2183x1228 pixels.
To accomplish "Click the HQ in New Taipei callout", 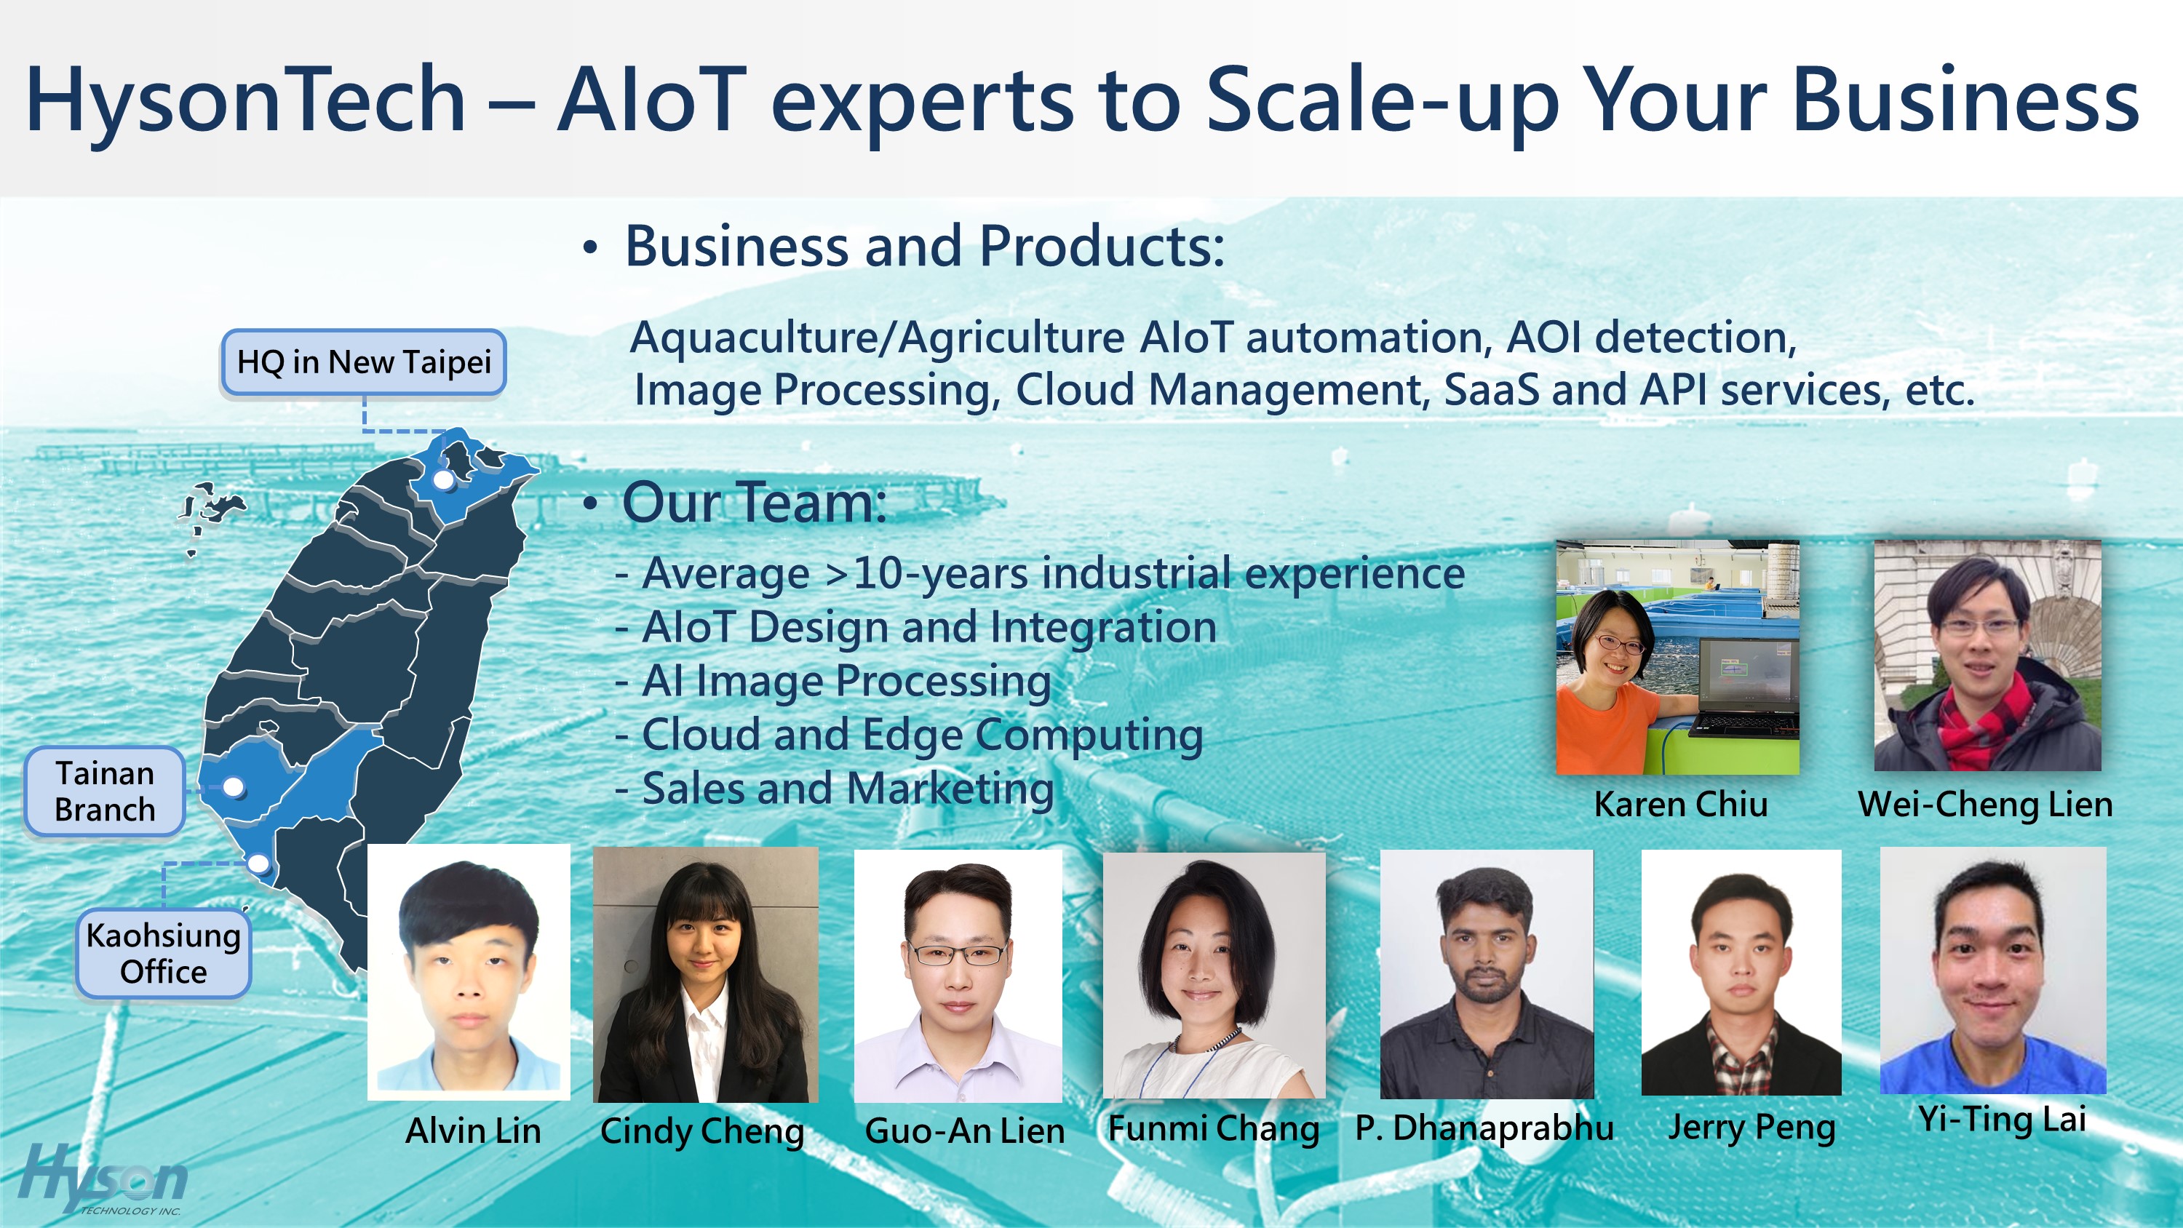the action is pos(364,362).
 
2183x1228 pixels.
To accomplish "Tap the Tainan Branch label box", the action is pos(105,792).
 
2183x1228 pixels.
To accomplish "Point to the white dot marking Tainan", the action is pos(233,787).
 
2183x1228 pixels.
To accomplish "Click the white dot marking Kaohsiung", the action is pos(258,864).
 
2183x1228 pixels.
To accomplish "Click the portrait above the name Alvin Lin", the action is pos(469,971).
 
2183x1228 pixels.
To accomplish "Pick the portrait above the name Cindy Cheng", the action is pos(706,975).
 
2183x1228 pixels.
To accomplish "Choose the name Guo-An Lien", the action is pos(964,1131).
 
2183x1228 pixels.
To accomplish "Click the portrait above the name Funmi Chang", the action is pos(1214,976).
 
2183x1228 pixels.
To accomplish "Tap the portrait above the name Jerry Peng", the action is pos(1741,973).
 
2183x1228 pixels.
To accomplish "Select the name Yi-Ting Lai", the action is pos(2002,1120).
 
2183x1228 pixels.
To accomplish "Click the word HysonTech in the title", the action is pos(246,100).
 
